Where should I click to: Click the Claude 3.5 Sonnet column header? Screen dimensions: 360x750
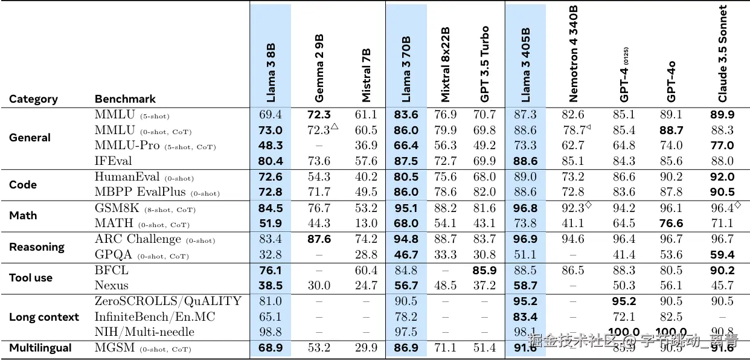[722, 54]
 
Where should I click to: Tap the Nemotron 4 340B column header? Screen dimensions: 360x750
[573, 53]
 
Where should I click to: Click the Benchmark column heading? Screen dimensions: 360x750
[125, 99]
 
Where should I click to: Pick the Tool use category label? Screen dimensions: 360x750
[31, 278]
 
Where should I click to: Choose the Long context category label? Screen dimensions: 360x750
[44, 317]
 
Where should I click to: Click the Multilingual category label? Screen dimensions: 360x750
[40, 348]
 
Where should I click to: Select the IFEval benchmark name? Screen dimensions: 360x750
[113, 161]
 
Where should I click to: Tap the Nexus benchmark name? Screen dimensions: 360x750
[112, 286]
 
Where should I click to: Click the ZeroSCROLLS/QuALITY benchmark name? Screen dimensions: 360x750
[168, 301]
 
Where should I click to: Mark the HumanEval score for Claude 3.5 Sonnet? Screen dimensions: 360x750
[722, 177]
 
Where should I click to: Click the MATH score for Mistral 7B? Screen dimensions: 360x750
[366, 223]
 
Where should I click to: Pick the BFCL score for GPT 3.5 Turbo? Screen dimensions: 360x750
[485, 271]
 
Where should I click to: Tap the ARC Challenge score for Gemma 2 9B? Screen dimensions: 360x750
[319, 239]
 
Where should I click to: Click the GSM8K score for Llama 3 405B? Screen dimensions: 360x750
[525, 208]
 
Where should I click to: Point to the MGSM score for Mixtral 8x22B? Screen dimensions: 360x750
[445, 348]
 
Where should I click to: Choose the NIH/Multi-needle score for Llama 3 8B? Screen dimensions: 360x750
[270, 332]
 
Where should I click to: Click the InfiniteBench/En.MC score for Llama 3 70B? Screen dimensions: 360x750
[406, 317]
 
